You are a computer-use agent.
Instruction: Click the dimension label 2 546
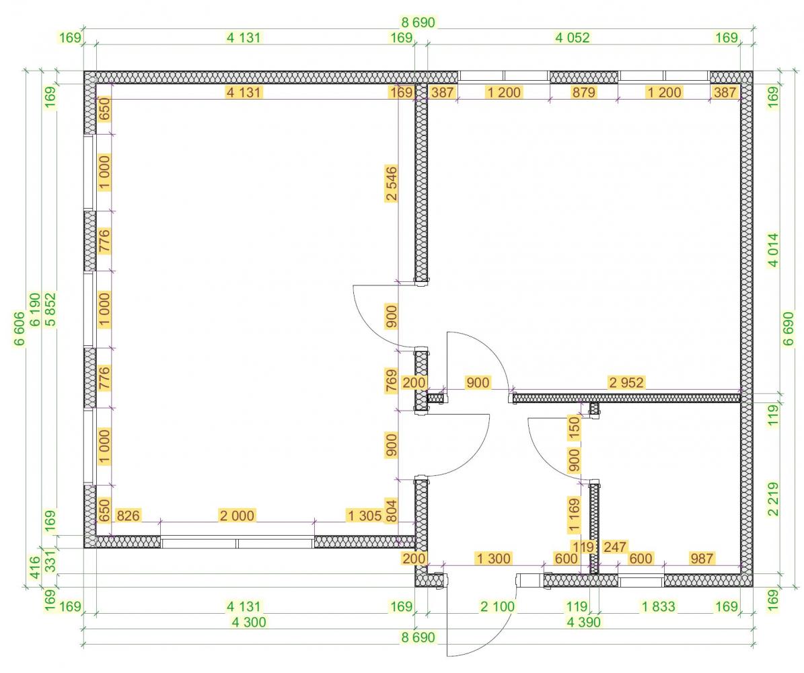pos(391,184)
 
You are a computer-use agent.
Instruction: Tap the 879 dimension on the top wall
pos(583,92)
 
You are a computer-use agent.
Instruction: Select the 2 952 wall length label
pos(626,382)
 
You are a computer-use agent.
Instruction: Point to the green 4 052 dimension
pos(573,38)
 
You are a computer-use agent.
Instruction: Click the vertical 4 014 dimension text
pos(773,250)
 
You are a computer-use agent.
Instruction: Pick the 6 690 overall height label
pos(788,329)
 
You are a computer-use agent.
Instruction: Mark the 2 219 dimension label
pos(773,499)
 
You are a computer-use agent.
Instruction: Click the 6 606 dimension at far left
pos(18,329)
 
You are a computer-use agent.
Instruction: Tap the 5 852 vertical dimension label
pos(50,310)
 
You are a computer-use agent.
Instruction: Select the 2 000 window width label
pos(237,516)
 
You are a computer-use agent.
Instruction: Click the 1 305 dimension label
pos(365,516)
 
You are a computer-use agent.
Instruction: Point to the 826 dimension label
pos(128,516)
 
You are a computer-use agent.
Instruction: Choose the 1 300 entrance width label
pos(493,558)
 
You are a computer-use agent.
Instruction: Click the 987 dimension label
pos(702,558)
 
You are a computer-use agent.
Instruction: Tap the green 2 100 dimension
pos(497,607)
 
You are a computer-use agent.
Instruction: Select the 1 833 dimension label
pos(659,607)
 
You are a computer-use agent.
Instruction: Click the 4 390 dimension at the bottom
pos(583,623)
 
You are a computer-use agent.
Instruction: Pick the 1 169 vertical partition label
pos(574,514)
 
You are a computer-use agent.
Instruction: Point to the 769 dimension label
pos(391,381)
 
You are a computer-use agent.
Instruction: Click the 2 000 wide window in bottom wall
pos(237,542)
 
